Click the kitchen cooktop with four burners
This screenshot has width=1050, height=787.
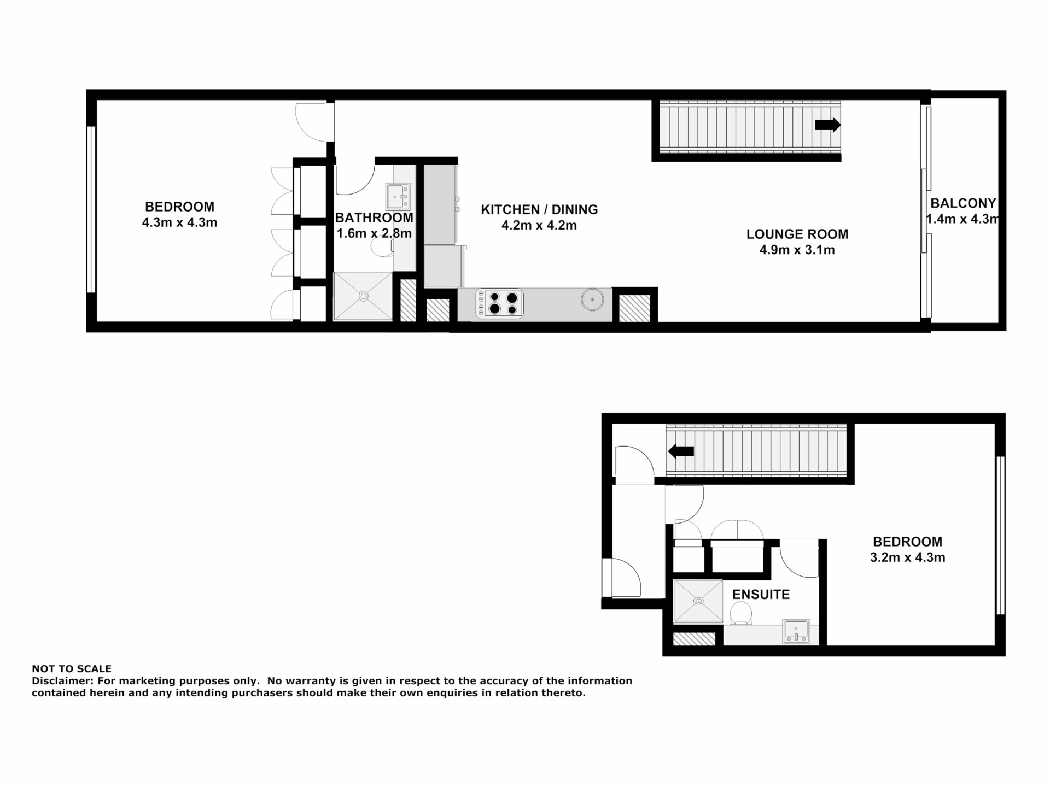click(500, 303)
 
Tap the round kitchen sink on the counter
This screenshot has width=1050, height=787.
click(592, 299)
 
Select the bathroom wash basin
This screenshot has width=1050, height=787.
click(398, 197)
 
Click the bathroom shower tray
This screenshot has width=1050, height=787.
click(363, 296)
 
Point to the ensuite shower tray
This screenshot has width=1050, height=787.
click(698, 601)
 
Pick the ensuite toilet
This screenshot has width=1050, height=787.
click(741, 613)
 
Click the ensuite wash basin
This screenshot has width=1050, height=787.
click(796, 631)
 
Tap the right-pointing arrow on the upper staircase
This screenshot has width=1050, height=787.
click(827, 125)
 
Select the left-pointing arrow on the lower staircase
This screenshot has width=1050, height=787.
click(681, 451)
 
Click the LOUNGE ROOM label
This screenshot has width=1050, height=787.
click(797, 234)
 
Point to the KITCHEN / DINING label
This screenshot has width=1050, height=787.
click(539, 209)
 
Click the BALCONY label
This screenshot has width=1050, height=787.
click(963, 203)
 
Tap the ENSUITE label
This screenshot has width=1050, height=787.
click(761, 595)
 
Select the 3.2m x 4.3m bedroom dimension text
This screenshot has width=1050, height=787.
click(908, 558)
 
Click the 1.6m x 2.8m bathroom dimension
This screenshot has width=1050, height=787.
click(374, 233)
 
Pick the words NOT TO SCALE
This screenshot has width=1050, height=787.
click(72, 668)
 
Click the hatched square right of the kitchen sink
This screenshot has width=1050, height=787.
click(634, 308)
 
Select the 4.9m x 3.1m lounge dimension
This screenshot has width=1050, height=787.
click(797, 250)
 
